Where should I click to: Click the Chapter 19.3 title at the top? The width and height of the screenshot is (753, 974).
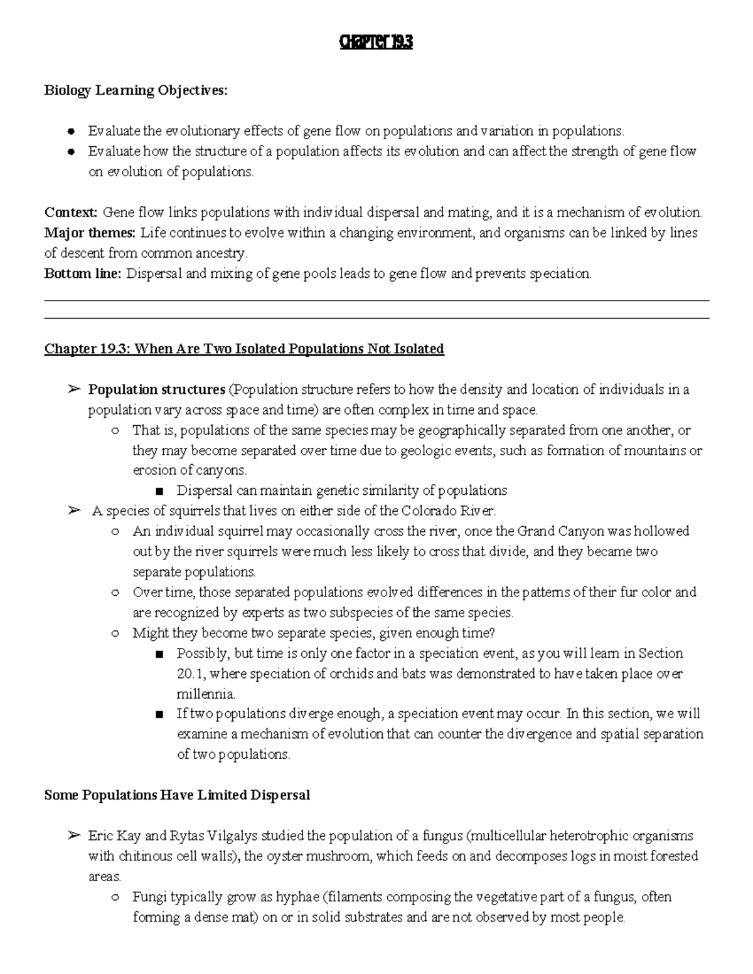pos(376,43)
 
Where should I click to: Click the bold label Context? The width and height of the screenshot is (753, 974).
pos(71,213)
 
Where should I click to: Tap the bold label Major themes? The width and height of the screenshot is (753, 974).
pos(90,233)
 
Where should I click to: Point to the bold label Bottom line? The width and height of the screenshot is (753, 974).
pos(83,274)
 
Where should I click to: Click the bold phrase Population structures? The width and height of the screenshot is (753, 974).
pos(156,389)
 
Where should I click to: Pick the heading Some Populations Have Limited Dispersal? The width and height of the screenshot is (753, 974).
pos(177,795)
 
